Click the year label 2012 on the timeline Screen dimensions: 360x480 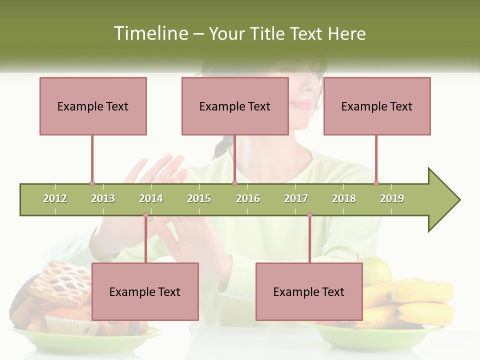pos(55,198)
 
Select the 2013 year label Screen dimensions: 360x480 pos(103,198)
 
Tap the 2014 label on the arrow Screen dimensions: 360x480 pos(151,198)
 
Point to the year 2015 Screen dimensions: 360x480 pos(199,198)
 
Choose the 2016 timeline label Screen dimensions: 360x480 pos(248,198)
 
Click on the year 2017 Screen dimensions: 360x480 pos(296,198)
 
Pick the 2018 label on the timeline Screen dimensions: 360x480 pos(344,198)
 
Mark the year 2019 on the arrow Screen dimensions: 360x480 pos(392,198)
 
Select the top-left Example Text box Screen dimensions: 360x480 pos(93,106)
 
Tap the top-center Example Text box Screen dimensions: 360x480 pos(235,106)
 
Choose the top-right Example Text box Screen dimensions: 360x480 pos(377,106)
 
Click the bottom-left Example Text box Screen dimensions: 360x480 pos(145,291)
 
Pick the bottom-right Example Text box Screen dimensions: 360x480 pos(309,291)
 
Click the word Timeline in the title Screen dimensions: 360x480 pos(150,33)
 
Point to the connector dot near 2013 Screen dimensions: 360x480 pos(92,183)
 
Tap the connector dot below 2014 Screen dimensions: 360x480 pos(145,215)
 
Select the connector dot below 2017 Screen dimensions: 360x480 pos(309,215)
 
